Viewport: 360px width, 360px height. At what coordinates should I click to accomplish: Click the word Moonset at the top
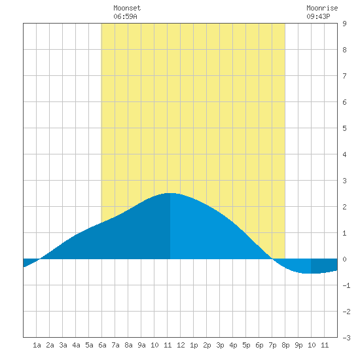click(x=127, y=8)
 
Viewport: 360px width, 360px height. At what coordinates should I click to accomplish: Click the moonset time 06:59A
click(x=125, y=16)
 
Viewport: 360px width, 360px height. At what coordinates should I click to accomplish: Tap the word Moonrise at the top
click(x=322, y=8)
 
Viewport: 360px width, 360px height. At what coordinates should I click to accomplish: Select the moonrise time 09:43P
click(x=318, y=16)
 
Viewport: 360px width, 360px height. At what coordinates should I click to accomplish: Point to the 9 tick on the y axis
click(x=344, y=24)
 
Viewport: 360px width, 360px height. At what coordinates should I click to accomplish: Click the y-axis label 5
click(x=344, y=128)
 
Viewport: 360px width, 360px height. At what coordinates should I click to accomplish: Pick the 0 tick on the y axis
click(x=344, y=259)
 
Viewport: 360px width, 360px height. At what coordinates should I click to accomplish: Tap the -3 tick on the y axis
click(x=346, y=338)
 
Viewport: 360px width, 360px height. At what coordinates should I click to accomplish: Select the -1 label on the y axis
click(x=346, y=285)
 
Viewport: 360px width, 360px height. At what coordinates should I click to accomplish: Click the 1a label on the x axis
click(x=37, y=345)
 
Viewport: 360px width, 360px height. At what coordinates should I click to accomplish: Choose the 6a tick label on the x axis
click(x=102, y=345)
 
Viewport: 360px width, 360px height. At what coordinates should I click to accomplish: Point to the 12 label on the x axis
click(x=181, y=345)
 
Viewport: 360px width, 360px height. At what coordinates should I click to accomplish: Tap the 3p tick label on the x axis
click(x=220, y=345)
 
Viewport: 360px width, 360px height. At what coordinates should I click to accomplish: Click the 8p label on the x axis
click(x=285, y=345)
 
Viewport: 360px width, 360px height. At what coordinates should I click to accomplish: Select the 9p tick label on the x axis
click(x=298, y=345)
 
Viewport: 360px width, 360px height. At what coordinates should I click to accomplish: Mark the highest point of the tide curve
click(x=170, y=193)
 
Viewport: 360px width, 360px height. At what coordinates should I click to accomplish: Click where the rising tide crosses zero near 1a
click(x=40, y=259)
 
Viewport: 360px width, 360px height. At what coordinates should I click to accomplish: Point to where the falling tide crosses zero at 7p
click(x=272, y=259)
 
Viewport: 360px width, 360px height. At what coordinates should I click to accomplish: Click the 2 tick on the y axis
click(x=344, y=207)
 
